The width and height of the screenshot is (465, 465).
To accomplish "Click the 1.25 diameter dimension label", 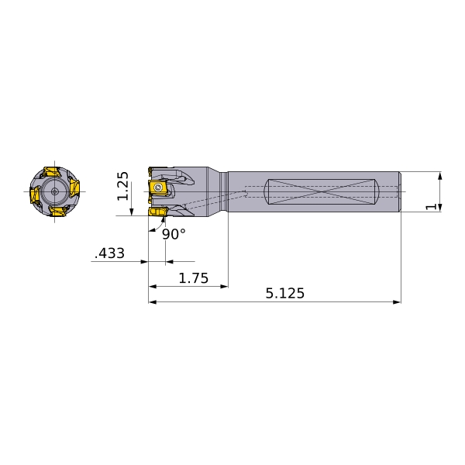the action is click(x=122, y=186).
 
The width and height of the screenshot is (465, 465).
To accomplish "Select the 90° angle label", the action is click(x=174, y=234).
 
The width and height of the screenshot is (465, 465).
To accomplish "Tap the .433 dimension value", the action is click(x=109, y=253).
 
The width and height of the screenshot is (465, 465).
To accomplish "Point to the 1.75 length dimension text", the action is click(x=194, y=278).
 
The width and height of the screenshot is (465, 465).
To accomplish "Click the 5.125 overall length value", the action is click(x=285, y=293).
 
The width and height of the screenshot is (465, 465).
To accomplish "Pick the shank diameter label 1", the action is click(x=431, y=207).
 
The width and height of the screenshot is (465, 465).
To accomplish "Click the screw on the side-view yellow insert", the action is click(x=158, y=187).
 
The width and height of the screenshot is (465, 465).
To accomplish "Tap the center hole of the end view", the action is click(x=54, y=191).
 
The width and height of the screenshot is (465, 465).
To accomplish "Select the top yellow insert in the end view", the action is click(x=51, y=172).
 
